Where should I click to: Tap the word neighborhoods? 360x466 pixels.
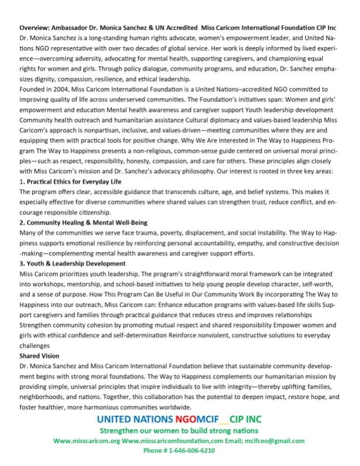click(x=46, y=397)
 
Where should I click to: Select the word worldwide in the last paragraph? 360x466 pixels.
click(x=174, y=407)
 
